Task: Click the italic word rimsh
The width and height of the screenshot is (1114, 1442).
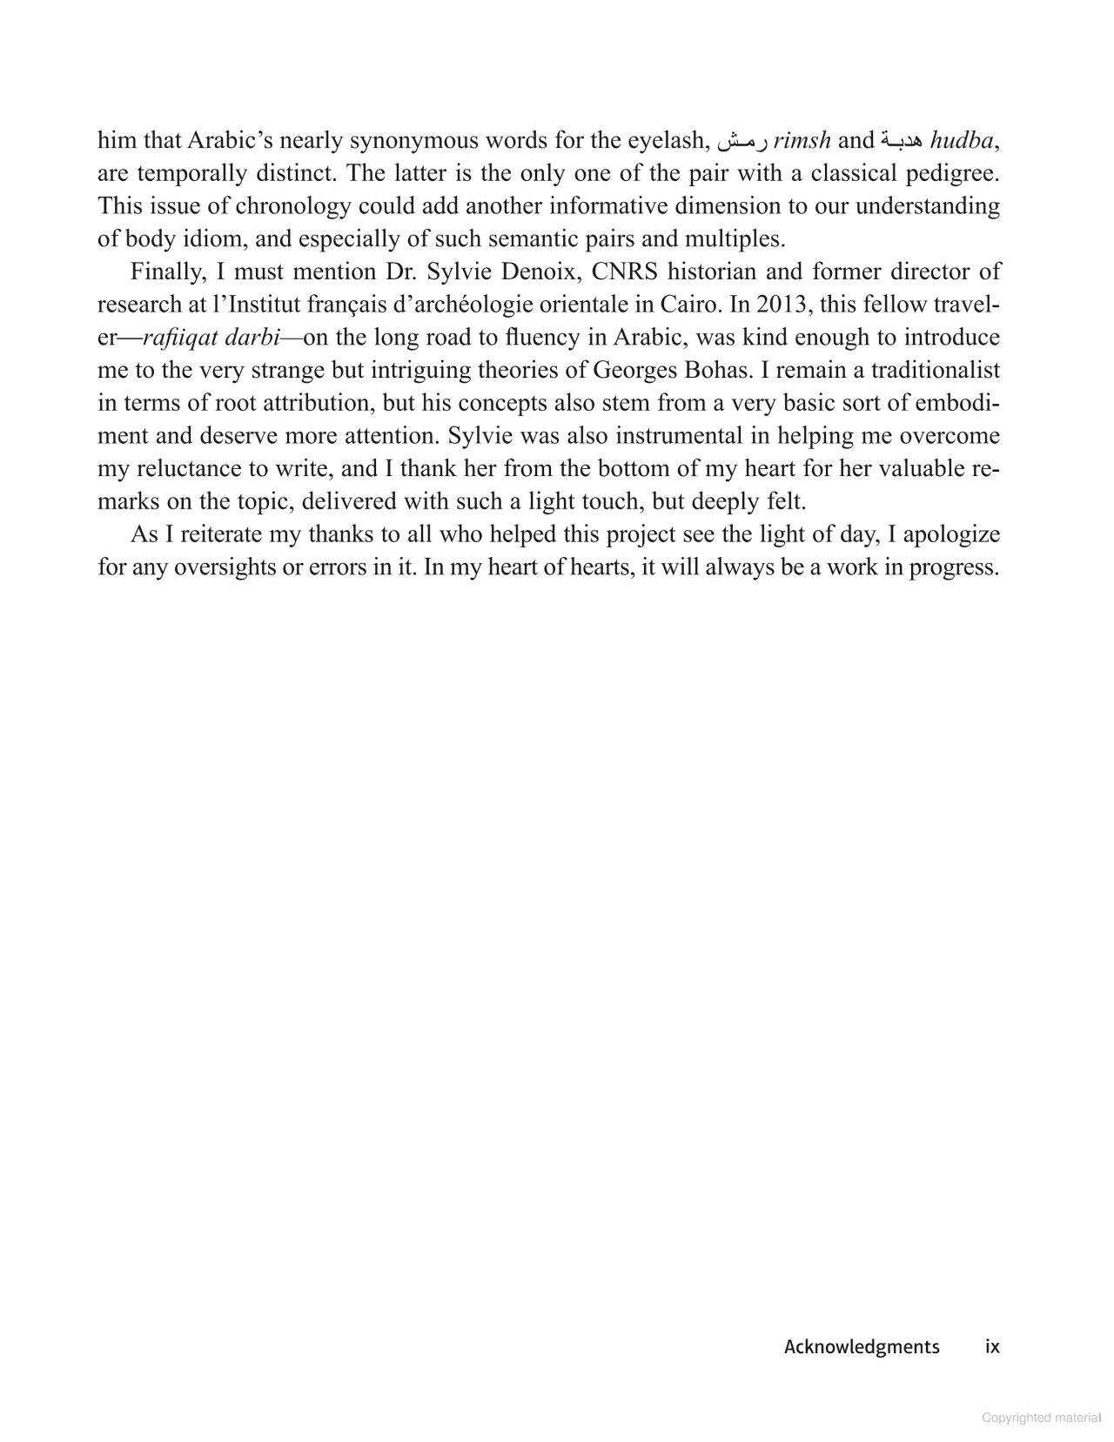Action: [x=802, y=140]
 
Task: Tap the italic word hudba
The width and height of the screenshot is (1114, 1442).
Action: [x=962, y=140]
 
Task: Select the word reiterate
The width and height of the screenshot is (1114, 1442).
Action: [x=221, y=533]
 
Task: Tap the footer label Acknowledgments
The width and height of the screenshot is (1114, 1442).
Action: [x=862, y=1347]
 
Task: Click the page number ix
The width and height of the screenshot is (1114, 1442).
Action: [x=992, y=1347]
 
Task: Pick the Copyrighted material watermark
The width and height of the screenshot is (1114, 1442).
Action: [x=1041, y=1418]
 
